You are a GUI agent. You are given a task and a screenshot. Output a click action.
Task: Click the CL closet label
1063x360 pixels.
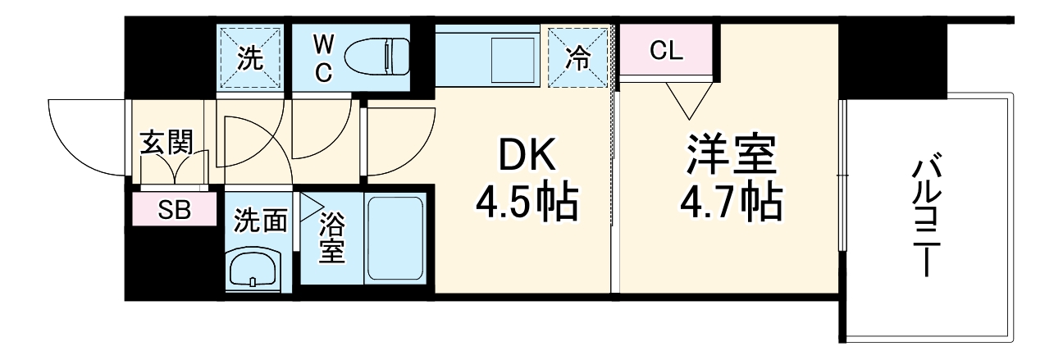(x=666, y=51)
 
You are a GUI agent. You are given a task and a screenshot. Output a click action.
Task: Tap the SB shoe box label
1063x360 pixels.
(x=174, y=210)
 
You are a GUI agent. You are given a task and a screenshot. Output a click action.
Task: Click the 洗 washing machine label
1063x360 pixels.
(x=249, y=58)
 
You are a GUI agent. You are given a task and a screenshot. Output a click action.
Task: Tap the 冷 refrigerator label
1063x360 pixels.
(x=579, y=58)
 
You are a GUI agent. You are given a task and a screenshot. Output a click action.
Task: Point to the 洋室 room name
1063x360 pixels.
(x=731, y=155)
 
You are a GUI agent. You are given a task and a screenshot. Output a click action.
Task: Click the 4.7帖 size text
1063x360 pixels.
(x=730, y=202)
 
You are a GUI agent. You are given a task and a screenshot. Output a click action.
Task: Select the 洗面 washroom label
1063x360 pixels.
(x=261, y=221)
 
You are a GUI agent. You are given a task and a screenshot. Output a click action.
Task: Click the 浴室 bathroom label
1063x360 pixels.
(x=331, y=237)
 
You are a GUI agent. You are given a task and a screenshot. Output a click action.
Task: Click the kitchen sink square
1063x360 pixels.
(x=513, y=58)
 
